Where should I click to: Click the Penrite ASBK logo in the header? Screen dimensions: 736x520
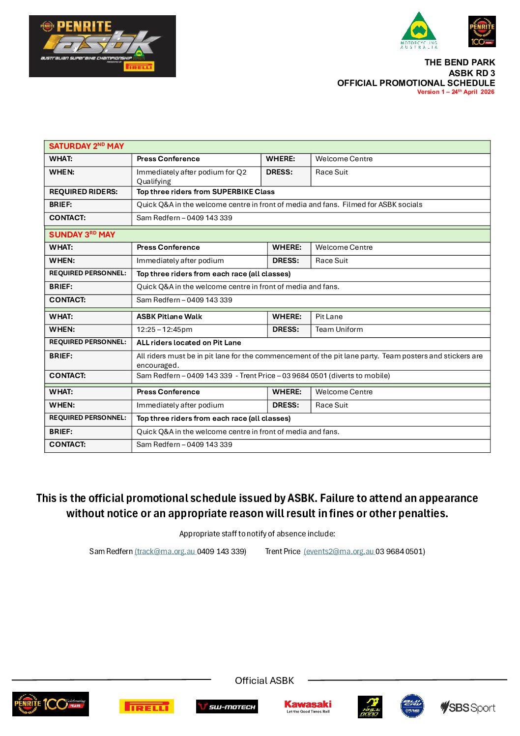[x=102, y=46]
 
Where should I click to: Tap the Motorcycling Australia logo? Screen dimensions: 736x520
[x=419, y=30]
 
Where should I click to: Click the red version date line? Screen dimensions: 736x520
[x=456, y=92]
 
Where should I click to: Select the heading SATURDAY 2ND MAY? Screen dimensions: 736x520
[x=87, y=146]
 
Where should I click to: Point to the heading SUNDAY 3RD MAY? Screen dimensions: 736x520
[x=82, y=235]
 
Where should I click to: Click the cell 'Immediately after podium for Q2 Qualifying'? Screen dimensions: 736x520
[x=192, y=177]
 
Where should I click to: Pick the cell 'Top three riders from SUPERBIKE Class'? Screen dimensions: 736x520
[x=205, y=192]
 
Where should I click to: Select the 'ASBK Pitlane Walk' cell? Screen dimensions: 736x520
[x=170, y=317]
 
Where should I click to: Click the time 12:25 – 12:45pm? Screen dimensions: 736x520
[x=165, y=329]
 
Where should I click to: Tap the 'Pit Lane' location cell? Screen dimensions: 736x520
[x=329, y=317]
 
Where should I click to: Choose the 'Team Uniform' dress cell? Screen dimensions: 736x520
[x=339, y=329]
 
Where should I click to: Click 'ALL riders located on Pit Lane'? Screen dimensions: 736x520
[x=189, y=343]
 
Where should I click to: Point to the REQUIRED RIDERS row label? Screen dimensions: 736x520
[x=84, y=192]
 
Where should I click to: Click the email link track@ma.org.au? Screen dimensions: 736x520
[x=165, y=552]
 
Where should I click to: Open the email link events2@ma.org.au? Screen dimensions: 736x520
[x=339, y=552]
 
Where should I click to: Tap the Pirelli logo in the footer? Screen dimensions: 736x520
[x=146, y=707]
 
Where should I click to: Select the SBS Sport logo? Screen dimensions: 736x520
[x=468, y=707]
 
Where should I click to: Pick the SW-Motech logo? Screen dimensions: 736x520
[x=227, y=707]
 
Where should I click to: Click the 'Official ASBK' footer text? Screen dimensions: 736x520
[x=264, y=680]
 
